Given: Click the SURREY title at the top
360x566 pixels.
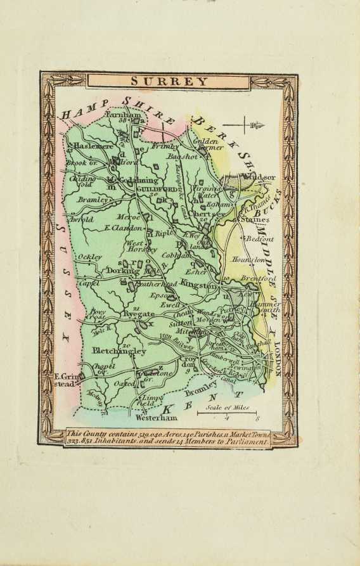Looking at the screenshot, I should pos(169,80).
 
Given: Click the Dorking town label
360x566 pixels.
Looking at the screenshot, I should pos(122,271).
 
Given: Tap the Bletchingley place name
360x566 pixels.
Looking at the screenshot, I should pos(119,351).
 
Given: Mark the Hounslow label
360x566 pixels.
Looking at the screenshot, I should pos(252,260).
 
